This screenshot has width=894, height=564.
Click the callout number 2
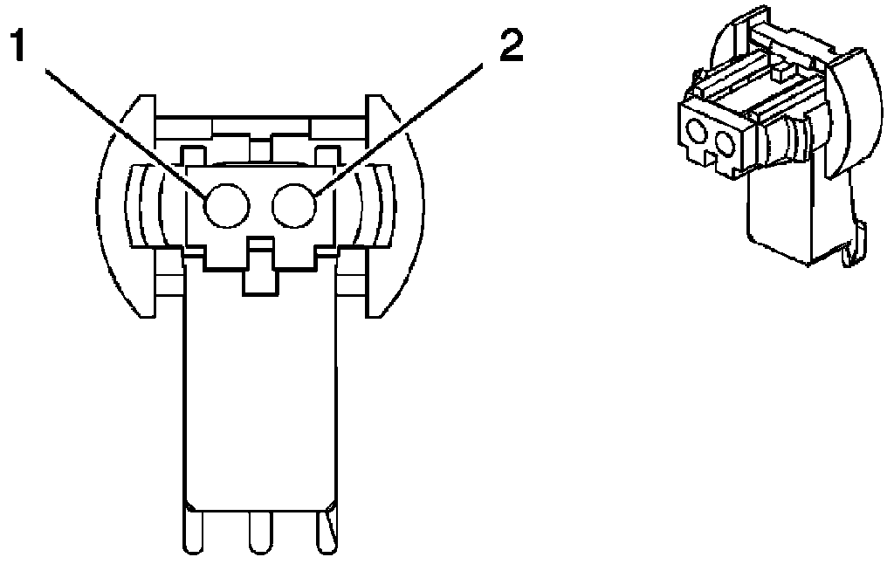(x=510, y=45)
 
